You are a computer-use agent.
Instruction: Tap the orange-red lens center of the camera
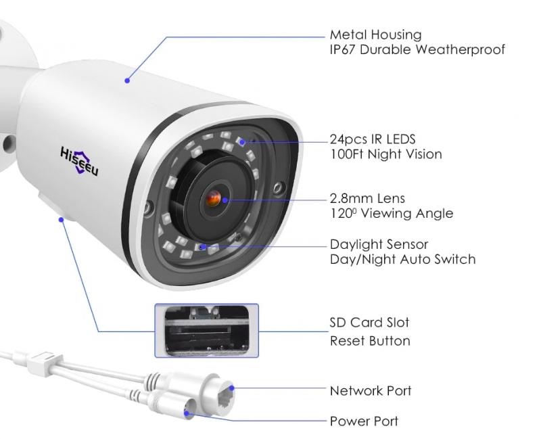point(214,198)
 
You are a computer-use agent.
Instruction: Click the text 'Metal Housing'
point(375,35)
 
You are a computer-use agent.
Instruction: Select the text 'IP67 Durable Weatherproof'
point(417,49)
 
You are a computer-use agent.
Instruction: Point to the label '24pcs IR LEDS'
point(373,139)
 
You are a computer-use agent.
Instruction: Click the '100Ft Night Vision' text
point(385,154)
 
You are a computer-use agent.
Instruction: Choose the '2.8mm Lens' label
point(367,198)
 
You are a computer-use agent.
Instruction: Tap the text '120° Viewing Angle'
point(392,213)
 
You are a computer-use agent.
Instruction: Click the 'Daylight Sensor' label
point(379,244)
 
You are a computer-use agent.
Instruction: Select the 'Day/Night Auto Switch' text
point(402,259)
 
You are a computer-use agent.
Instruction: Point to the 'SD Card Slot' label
point(369,323)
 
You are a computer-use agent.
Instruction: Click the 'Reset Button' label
point(370,341)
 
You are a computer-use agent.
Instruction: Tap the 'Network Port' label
point(371,391)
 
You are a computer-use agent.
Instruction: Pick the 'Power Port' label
point(364,421)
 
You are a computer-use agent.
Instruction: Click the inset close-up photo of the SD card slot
point(207,331)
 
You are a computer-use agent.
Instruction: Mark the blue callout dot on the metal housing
point(127,80)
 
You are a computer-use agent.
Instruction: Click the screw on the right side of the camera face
point(279,188)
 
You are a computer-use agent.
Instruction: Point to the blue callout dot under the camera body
point(62,219)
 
